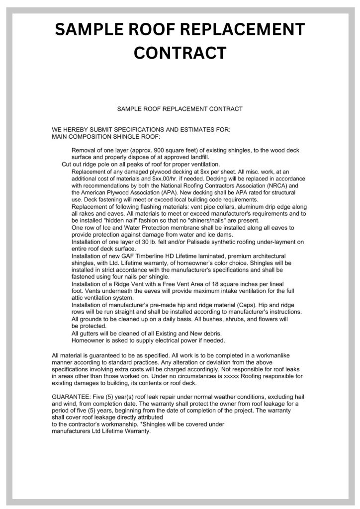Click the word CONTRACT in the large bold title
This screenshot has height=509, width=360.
180,52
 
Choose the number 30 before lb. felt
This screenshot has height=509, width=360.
159,242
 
